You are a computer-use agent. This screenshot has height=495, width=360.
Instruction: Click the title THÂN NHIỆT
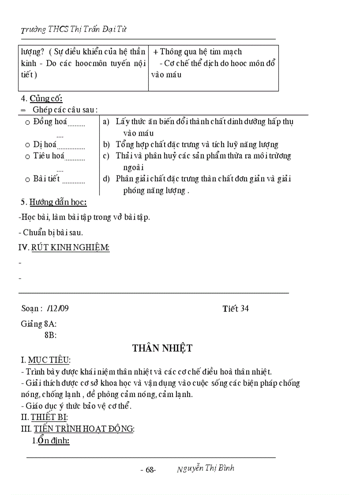click(162, 348)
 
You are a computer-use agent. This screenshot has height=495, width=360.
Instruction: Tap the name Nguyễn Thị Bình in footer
click(206, 469)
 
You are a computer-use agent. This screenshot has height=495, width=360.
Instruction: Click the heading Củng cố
click(46, 99)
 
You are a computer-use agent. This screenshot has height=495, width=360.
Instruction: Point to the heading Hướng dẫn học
click(58, 202)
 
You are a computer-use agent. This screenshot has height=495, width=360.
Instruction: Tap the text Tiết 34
click(236, 309)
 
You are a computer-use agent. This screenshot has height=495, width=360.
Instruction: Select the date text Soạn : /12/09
click(45, 309)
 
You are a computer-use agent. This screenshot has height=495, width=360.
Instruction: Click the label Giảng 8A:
click(38, 324)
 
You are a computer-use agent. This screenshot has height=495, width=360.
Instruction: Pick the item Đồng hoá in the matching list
click(50, 122)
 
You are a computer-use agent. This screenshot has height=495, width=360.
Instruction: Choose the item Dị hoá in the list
click(45, 145)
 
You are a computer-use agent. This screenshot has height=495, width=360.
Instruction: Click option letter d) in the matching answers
click(106, 179)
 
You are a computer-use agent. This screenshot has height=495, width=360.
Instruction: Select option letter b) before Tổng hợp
click(106, 145)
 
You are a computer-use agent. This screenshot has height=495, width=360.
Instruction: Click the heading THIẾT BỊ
click(49, 417)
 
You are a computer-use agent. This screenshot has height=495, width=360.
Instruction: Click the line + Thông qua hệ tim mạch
click(198, 52)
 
